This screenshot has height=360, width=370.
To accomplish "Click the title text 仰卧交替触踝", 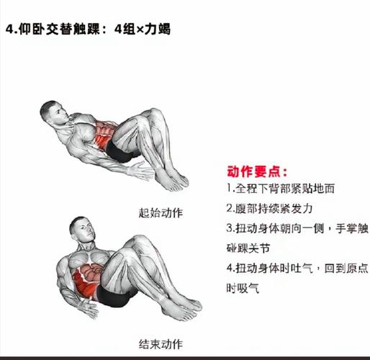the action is [59, 30].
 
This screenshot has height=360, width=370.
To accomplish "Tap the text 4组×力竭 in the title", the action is [143, 30].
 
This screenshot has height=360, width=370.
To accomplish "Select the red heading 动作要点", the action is [257, 171].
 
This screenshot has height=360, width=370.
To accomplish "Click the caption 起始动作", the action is [161, 213].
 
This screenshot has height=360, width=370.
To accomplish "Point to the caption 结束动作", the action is [161, 344].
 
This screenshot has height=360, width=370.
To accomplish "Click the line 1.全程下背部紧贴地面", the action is [281, 189].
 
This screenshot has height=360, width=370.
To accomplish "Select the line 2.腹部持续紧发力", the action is [269, 208].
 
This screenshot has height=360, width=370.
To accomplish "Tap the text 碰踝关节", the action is [248, 248].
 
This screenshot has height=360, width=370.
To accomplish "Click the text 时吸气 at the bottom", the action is [243, 288].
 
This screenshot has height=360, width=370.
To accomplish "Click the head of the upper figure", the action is [53, 113].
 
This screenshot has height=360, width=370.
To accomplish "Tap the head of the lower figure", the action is [81, 229].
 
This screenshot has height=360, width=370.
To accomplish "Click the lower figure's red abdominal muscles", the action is [88, 280].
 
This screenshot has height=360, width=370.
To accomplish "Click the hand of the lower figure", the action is [89, 308].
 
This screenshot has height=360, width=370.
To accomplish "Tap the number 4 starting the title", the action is [9, 30].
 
